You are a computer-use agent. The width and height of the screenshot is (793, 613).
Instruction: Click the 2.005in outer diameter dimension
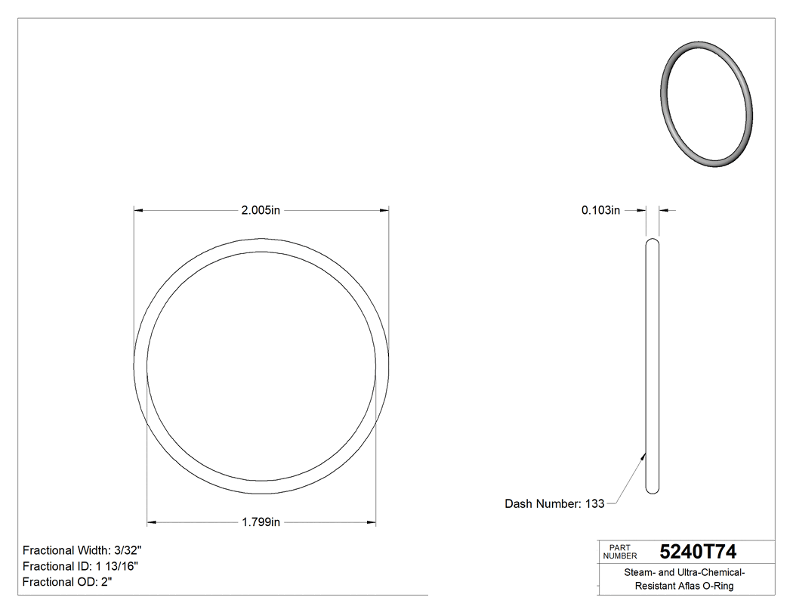(261, 211)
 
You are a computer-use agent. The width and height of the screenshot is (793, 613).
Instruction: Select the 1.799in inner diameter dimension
(261, 522)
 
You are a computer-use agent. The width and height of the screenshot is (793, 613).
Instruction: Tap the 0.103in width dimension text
(600, 211)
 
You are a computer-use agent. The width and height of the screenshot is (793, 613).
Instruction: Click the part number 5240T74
(698, 552)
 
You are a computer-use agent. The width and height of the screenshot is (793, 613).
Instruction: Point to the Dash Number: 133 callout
(554, 503)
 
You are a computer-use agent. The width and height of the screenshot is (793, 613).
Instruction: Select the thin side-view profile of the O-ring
(652, 367)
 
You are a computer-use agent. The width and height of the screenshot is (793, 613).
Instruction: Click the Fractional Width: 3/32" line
(82, 550)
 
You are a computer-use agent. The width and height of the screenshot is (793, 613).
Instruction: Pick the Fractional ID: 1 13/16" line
(80, 566)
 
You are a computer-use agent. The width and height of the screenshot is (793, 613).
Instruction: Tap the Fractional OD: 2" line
(68, 582)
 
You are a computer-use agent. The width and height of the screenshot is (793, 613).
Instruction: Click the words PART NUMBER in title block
(620, 552)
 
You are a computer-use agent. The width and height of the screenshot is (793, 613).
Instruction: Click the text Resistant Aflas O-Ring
(684, 587)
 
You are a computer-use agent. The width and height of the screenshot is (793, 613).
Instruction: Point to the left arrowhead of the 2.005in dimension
(139, 211)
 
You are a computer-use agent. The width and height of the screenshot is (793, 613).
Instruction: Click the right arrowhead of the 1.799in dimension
(371, 522)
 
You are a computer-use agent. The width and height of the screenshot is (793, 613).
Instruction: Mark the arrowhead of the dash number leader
(643, 454)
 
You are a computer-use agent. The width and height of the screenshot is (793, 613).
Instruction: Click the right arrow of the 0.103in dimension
(664, 211)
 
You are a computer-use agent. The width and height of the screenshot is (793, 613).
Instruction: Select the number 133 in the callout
(594, 503)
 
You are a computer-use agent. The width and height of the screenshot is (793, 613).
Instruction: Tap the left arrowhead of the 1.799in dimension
(151, 522)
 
